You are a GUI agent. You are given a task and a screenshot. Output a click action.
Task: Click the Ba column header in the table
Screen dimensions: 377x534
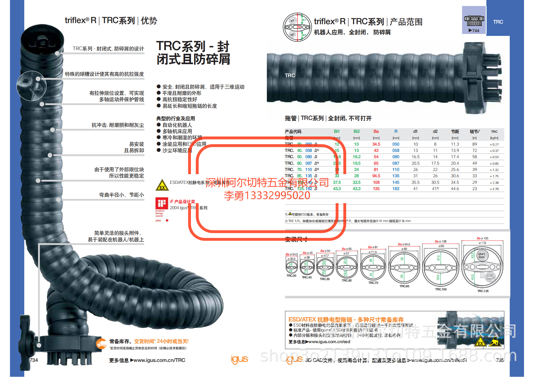tap(376, 131)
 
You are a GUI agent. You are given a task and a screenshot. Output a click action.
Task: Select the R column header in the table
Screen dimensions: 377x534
tap(396, 131)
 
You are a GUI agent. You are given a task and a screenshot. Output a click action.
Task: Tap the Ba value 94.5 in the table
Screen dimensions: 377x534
tap(376, 176)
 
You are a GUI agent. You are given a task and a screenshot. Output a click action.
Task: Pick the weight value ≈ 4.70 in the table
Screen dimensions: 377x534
tap(494, 189)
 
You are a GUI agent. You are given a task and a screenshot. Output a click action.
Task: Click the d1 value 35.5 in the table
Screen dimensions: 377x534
tap(415, 182)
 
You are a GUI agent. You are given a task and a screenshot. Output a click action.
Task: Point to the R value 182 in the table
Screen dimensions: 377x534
tap(396, 189)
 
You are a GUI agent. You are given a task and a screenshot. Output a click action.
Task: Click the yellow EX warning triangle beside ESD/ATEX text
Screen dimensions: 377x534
tap(162, 185)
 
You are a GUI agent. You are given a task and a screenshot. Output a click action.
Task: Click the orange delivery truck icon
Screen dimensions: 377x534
tap(101, 344)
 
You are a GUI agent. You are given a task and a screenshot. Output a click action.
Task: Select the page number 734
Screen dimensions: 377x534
tap(34, 360)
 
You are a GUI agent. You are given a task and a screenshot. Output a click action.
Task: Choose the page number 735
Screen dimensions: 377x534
tap(500, 360)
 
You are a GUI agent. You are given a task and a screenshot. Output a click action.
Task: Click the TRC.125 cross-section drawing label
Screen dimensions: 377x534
tap(483, 291)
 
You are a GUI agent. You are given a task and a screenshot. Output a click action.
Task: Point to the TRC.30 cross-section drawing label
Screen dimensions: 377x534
tap(291, 276)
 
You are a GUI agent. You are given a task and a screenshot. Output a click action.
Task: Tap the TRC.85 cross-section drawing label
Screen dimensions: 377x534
tap(404, 286)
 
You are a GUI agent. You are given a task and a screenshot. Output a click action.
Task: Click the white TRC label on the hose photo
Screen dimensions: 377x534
tap(290, 76)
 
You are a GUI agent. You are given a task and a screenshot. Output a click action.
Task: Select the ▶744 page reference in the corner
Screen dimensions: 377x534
tap(474, 31)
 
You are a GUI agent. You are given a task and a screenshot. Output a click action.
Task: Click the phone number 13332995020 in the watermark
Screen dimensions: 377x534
tap(277, 195)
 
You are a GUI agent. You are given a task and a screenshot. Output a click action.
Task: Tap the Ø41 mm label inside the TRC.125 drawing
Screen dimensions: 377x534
tap(481, 255)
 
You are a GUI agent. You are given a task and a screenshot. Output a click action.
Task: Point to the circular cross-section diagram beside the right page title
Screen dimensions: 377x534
tap(297, 27)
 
